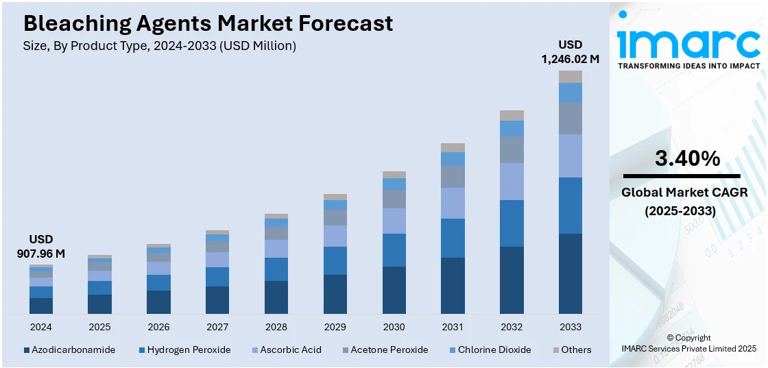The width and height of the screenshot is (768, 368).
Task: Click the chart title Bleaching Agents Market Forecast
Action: [x=208, y=23]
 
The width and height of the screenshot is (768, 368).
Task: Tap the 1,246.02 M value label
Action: [x=570, y=60]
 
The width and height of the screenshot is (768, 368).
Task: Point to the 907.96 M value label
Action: [x=41, y=254]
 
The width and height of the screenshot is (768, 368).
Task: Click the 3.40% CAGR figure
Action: [x=688, y=159]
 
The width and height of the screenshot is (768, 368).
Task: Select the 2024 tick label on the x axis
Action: [x=41, y=327]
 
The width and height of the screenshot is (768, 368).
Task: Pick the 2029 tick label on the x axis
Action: [x=335, y=327]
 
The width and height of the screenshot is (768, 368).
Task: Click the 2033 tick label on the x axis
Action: [x=571, y=327]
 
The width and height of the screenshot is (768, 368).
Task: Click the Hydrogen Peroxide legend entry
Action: [x=185, y=349]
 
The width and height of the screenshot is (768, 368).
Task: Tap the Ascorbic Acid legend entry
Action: [x=285, y=349]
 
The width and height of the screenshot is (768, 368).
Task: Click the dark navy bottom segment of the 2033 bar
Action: [x=571, y=273]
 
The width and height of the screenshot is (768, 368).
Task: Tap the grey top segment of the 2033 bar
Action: [x=571, y=76]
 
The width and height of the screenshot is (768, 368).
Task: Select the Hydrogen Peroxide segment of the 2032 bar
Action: [x=512, y=223]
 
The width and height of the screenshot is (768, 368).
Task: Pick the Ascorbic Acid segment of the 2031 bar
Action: [x=453, y=203]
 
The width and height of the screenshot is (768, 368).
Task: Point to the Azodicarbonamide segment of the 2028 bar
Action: [x=276, y=297]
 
